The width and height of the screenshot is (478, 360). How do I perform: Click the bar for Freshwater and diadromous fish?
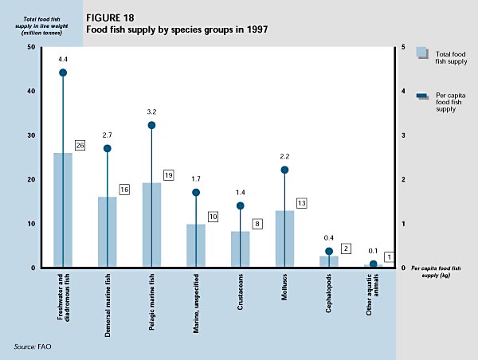(63, 210)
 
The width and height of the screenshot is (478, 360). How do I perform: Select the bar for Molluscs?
(284, 239)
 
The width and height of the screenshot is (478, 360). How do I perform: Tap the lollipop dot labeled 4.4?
(63, 72)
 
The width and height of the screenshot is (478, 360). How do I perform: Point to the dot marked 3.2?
(151, 125)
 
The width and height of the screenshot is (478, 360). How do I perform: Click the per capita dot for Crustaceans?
(241, 205)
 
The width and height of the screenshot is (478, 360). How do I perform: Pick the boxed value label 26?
(80, 146)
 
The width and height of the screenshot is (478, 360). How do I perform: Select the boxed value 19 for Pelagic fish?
(169, 174)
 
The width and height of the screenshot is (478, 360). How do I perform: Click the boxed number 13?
(302, 203)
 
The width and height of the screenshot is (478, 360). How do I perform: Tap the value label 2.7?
(108, 136)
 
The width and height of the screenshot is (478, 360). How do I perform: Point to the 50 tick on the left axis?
(31, 47)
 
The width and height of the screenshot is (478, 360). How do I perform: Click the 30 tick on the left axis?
(31, 135)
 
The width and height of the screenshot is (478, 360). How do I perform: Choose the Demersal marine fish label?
(107, 307)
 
